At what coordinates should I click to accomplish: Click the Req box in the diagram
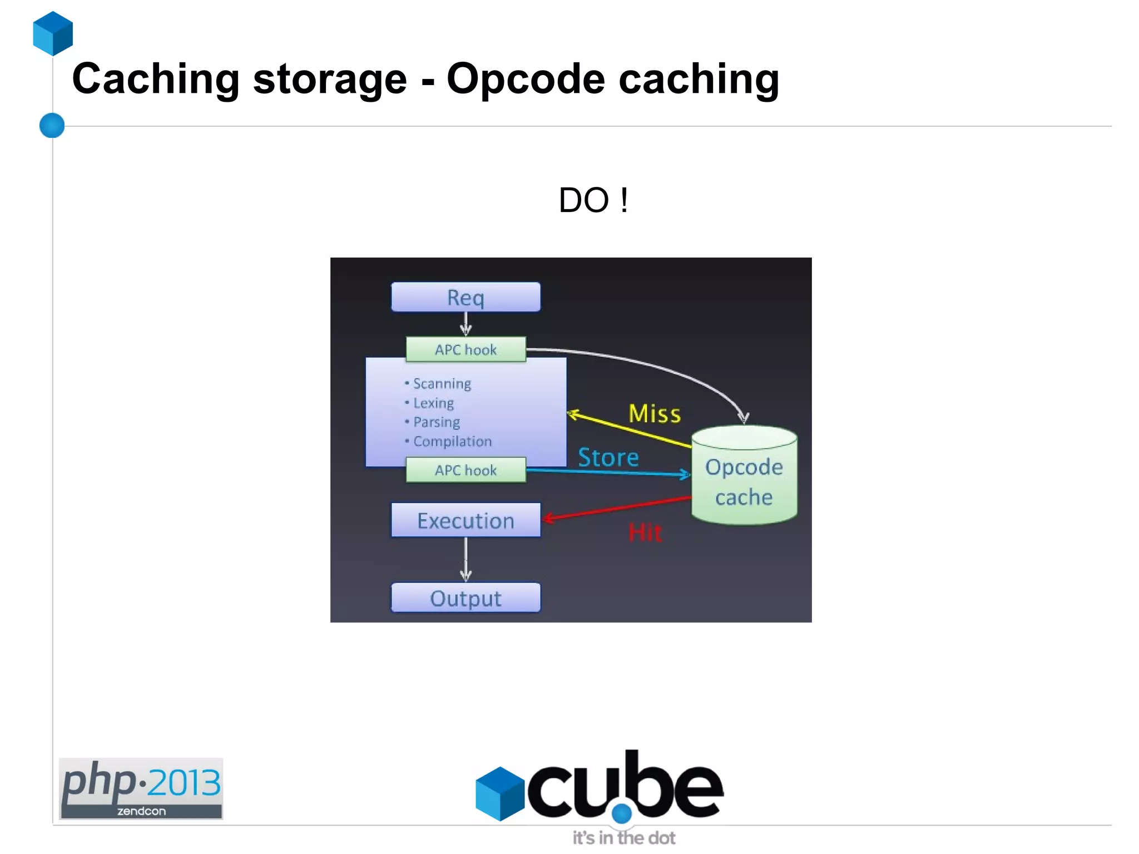click(465, 297)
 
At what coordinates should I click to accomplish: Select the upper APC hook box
click(465, 349)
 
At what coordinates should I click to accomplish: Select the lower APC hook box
click(465, 470)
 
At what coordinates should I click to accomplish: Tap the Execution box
click(465, 521)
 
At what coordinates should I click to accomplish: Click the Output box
click(465, 598)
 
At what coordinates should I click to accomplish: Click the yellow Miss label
click(655, 414)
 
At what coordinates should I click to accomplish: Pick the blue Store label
click(608, 457)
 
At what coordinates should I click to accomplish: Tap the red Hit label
click(645, 532)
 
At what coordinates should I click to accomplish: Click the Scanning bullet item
click(442, 384)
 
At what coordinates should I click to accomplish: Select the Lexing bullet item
click(433, 403)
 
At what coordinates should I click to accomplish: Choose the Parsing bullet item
click(437, 422)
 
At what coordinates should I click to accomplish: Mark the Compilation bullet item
click(452, 441)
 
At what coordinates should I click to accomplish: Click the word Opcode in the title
click(526, 79)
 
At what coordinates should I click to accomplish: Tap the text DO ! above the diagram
click(593, 200)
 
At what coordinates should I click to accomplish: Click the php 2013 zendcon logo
click(141, 788)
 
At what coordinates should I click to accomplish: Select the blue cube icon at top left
click(53, 33)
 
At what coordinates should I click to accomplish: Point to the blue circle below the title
click(52, 125)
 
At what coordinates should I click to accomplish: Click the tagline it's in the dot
click(624, 837)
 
